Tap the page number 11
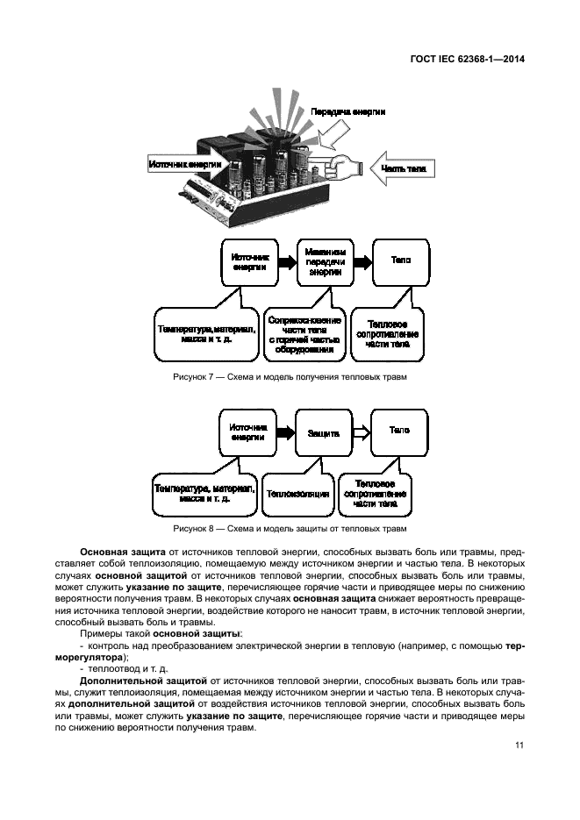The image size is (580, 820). [519, 745]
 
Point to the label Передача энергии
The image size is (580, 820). [347, 112]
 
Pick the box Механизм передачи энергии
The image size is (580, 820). [327, 261]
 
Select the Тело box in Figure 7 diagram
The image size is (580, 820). [399, 261]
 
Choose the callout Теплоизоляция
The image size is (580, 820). [298, 494]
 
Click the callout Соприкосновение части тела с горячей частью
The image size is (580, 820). [304, 333]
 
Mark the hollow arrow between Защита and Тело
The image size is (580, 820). [360, 432]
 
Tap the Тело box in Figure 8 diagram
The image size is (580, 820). [399, 431]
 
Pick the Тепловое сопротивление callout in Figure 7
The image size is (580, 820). [388, 333]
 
